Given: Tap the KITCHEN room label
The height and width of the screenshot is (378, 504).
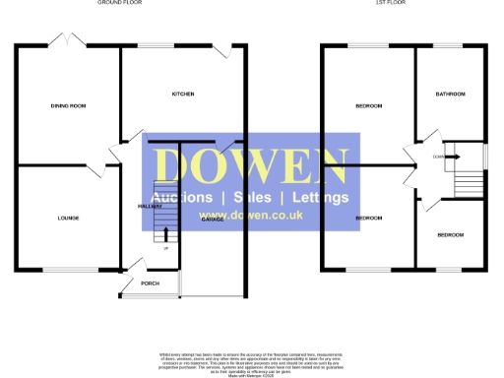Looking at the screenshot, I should click(x=183, y=94).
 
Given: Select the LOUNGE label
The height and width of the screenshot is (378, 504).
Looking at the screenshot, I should click(x=68, y=218).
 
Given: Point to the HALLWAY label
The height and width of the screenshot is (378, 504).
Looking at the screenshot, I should click(x=150, y=207).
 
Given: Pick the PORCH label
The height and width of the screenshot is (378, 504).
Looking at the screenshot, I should click(x=150, y=283).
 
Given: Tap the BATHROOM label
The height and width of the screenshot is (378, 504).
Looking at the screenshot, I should click(x=451, y=94).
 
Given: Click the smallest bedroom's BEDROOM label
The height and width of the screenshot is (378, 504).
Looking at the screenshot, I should click(x=450, y=235).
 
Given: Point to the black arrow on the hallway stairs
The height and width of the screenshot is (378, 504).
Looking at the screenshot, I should click(x=164, y=235).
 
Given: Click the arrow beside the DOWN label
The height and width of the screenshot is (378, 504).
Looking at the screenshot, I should click(x=454, y=156).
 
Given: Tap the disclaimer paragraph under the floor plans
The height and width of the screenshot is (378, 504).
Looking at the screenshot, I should click(x=252, y=359).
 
